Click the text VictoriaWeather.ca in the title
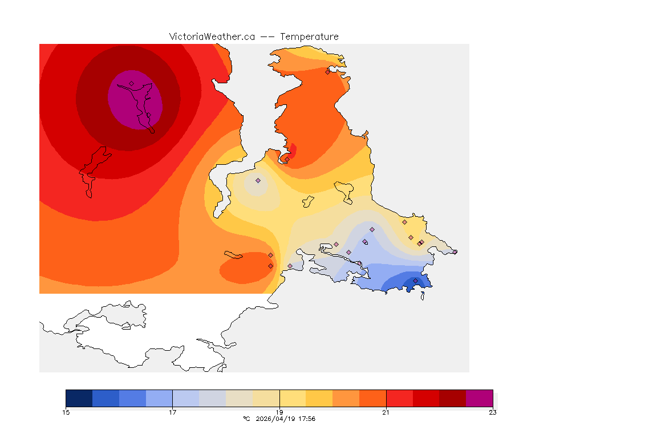pyautogui.click(x=212, y=36)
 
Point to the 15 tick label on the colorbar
pyautogui.click(x=66, y=412)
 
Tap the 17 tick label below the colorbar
pyautogui.click(x=172, y=412)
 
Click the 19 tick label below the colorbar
pyautogui.click(x=279, y=412)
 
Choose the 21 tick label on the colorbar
pyautogui.click(x=386, y=412)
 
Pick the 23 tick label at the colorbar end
pyautogui.click(x=493, y=412)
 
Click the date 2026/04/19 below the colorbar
pyautogui.click(x=275, y=419)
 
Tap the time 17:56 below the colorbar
pyautogui.click(x=307, y=419)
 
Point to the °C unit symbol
pyautogui.click(x=246, y=419)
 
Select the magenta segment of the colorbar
pyautogui.click(x=479, y=398)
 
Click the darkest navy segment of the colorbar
pyautogui.click(x=79, y=398)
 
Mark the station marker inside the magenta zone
pyautogui.click(x=131, y=83)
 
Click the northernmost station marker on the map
pyautogui.click(x=327, y=72)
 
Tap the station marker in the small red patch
pyautogui.click(x=287, y=159)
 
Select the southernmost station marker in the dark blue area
pyautogui.click(x=415, y=281)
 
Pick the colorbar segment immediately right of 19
pyautogui.click(x=293, y=398)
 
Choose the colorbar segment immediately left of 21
pyautogui.click(x=372, y=398)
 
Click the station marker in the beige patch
pyautogui.click(x=258, y=180)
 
